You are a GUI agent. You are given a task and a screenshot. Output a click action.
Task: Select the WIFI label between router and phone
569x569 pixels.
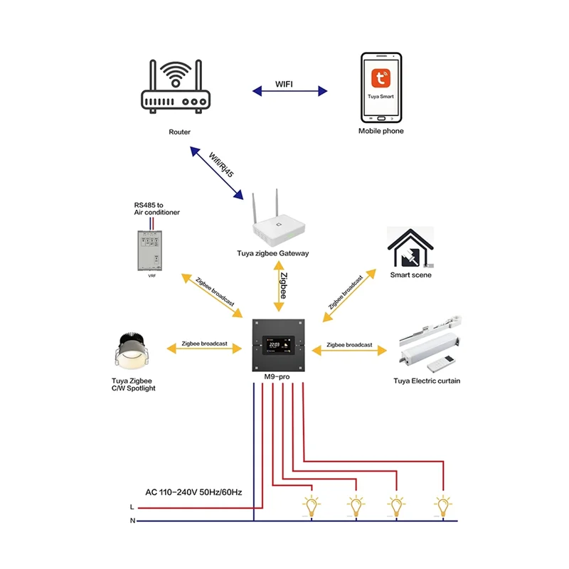289,85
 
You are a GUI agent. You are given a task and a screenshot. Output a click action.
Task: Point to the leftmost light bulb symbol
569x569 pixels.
311,506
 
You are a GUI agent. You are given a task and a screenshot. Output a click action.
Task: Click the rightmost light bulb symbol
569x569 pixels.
443,506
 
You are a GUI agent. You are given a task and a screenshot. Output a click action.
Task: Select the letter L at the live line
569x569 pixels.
132,508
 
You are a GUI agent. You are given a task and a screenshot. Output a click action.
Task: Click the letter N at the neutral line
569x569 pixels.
132,521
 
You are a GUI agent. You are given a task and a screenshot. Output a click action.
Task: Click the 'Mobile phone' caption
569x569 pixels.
381,132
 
